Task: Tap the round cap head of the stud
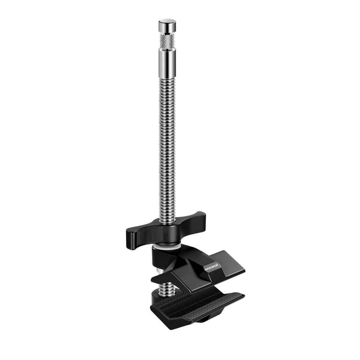click(x=167, y=26)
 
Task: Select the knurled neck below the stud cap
click(x=167, y=41)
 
